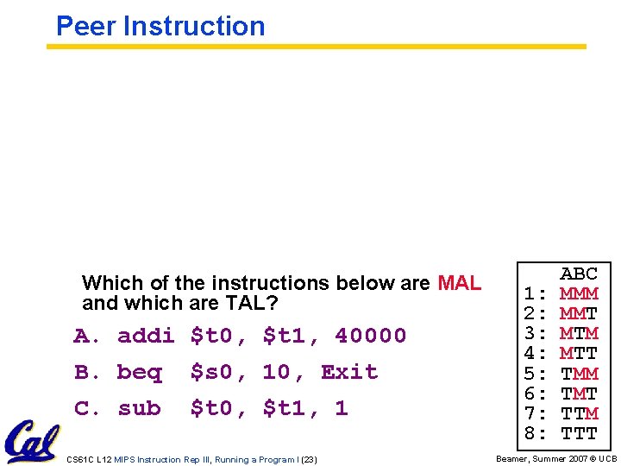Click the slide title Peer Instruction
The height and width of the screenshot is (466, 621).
click(160, 26)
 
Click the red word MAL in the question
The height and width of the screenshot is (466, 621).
click(460, 283)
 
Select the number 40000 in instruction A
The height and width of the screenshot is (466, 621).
click(370, 335)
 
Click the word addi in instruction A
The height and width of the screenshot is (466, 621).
click(146, 335)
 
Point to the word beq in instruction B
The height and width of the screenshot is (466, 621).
click(139, 372)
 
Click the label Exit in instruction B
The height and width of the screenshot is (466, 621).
click(349, 372)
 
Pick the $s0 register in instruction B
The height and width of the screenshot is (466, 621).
click(211, 372)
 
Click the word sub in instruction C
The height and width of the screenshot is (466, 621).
click(139, 408)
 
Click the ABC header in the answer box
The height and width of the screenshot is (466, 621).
click(579, 274)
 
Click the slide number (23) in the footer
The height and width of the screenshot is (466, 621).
click(309, 459)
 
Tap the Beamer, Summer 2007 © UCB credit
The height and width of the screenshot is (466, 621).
click(555, 459)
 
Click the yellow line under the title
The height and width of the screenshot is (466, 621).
click(316, 47)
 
